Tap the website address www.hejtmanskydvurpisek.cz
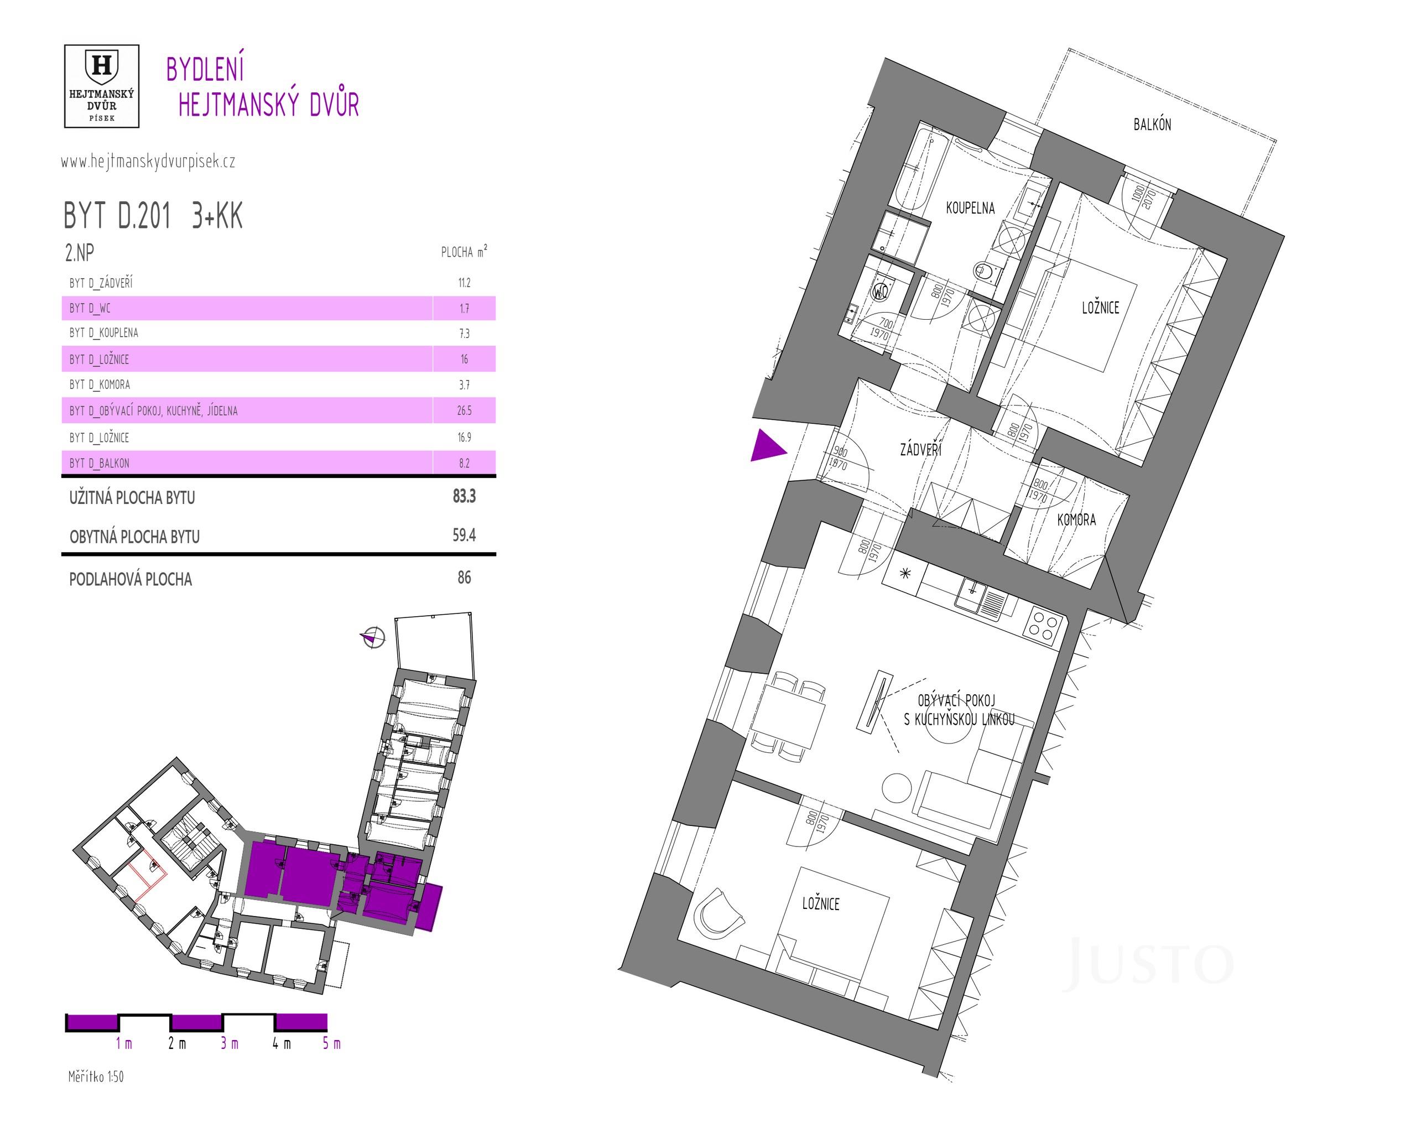click(148, 162)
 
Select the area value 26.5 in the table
click(464, 411)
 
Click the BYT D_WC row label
click(90, 308)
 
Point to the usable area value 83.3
click(464, 496)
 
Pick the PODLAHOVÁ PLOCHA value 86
click(464, 578)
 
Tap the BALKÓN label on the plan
click(1152, 124)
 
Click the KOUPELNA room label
click(970, 208)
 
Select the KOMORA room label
click(1076, 520)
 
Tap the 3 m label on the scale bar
click(229, 1043)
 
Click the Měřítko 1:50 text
click(96, 1077)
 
